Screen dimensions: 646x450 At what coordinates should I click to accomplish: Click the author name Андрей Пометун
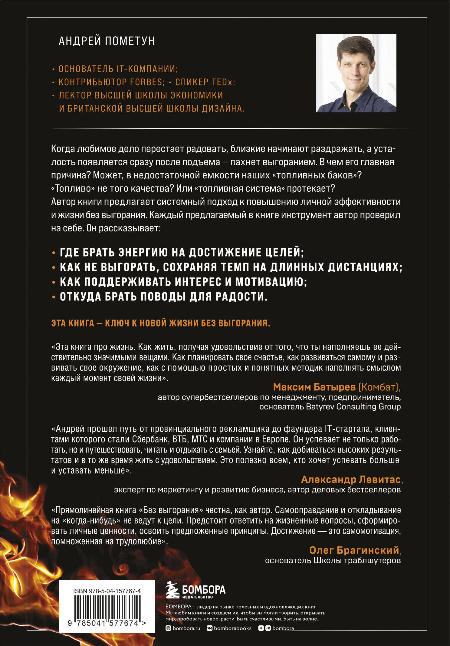pos(107,41)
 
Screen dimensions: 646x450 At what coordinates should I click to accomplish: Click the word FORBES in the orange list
pos(146,82)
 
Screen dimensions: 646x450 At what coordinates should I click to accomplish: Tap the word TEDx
pos(223,82)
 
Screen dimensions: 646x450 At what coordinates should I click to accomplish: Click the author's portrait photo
pos(356,73)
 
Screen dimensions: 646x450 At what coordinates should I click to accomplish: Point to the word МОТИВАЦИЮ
pos(271,282)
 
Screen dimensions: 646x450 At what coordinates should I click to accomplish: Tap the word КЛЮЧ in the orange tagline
pos(117,323)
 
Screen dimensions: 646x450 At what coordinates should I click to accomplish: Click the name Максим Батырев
pos(314,387)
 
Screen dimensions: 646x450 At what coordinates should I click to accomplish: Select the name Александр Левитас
pos(351,479)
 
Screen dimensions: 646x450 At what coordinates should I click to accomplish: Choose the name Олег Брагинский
pos(354,550)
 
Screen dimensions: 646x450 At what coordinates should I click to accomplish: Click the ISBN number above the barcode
pos(107,591)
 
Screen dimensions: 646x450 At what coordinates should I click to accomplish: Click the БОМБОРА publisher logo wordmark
pos(204,589)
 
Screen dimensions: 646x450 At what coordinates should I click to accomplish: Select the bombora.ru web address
pos(186,628)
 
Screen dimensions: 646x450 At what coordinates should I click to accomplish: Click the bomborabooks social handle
pos(232,628)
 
